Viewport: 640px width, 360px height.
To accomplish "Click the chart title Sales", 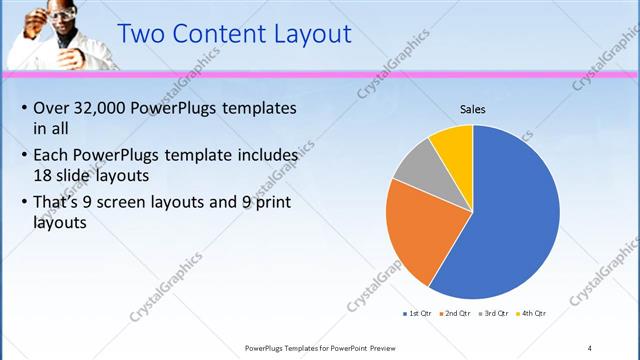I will point(472,109).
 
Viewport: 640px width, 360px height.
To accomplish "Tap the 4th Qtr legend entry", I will point(533,313).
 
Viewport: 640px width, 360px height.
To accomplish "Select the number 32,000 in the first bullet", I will point(104,108).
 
